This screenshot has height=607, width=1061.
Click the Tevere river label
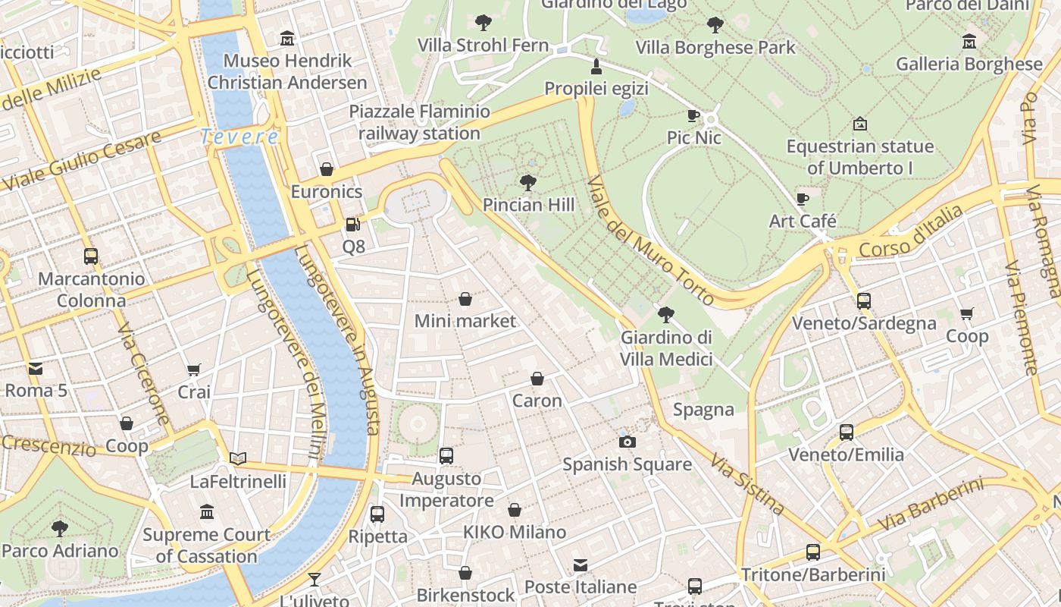click(x=239, y=137)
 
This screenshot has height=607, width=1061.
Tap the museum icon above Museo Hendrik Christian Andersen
click(x=287, y=38)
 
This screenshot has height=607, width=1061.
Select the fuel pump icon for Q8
click(x=352, y=225)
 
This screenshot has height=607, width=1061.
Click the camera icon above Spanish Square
click(x=627, y=442)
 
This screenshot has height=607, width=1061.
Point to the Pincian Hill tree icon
click(x=528, y=182)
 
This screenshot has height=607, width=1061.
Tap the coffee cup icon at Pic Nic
click(x=693, y=115)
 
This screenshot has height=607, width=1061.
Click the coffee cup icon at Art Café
click(x=803, y=199)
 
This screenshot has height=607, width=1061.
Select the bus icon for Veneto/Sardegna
click(x=863, y=300)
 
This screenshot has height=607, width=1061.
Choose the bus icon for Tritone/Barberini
click(x=813, y=552)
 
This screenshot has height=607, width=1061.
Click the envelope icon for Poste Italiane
click(x=581, y=565)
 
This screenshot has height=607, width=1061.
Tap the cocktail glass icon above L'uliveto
click(x=315, y=579)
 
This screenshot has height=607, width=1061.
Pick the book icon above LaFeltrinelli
click(x=238, y=458)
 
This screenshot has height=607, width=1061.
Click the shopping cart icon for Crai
click(x=194, y=370)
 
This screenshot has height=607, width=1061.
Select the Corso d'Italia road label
click(x=910, y=233)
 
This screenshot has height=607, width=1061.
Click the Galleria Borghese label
click(x=969, y=64)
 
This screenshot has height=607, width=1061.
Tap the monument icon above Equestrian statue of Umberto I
click(x=859, y=123)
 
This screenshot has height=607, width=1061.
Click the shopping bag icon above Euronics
click(x=327, y=168)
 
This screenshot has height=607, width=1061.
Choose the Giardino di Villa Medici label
click(x=666, y=348)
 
